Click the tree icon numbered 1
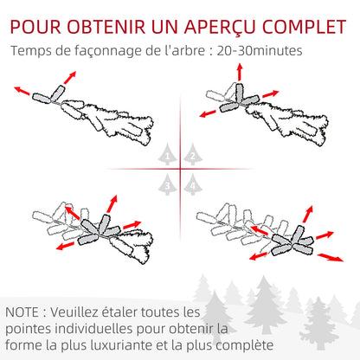(168, 156)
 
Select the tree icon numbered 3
(168, 183)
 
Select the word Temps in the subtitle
(32, 51)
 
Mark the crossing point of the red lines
(180, 170)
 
